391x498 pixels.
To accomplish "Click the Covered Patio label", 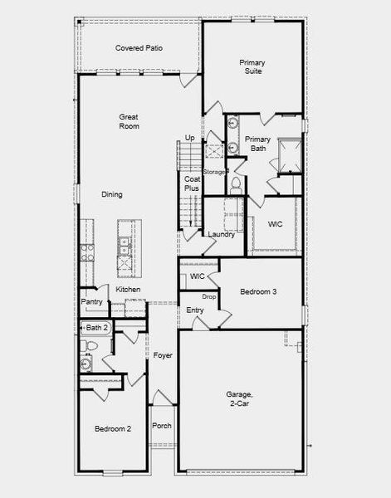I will (139, 48).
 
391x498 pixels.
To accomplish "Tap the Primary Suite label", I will (252, 67).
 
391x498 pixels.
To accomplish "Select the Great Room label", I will (129, 122).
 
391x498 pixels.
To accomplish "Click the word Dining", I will (112, 195).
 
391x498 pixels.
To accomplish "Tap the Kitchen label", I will (128, 289).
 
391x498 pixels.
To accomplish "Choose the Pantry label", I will (91, 302).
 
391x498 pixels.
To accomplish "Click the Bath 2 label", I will (98, 329).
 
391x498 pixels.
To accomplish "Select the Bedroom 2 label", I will (113, 429).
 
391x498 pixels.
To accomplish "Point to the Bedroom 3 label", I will (258, 292).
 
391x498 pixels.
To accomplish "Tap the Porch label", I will (162, 426).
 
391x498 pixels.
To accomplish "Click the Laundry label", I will (222, 235).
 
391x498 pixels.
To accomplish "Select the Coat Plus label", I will (192, 183).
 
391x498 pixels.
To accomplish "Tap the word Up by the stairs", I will (190, 138).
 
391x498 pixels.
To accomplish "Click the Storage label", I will (214, 172).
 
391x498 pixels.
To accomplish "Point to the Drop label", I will (209, 297).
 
